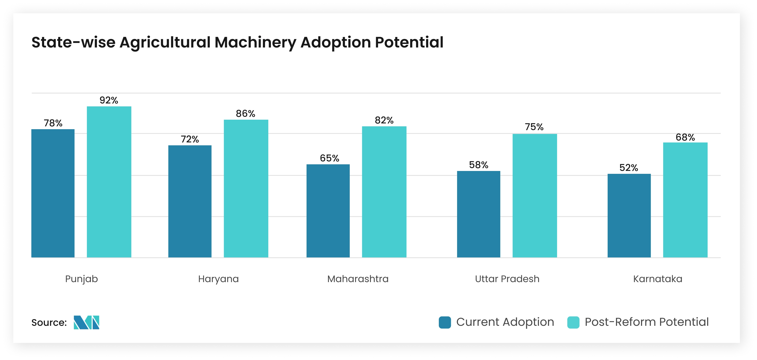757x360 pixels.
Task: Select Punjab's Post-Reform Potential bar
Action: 109,182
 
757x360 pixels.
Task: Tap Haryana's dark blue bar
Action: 190,201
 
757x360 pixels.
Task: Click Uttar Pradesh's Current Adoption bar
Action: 478,214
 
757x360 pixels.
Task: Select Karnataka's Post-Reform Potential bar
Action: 685,200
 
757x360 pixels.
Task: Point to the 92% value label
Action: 109,100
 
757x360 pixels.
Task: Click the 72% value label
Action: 190,139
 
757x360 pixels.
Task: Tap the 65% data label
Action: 329,158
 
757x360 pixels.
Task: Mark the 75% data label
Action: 534,127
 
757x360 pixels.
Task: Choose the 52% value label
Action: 629,168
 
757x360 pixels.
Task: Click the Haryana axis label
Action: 218,279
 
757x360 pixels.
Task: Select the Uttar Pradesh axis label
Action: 507,279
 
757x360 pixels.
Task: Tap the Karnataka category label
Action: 658,279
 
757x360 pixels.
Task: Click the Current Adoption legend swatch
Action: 445,322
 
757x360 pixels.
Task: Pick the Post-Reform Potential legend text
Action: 647,322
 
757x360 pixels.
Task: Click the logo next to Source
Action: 86,322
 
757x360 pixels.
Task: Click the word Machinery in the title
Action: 255,43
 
